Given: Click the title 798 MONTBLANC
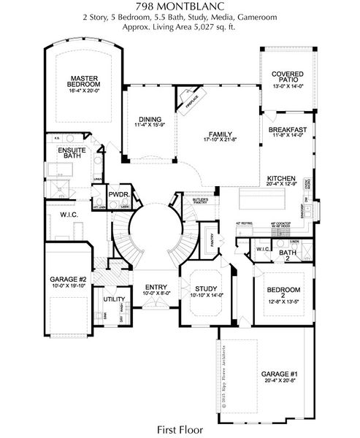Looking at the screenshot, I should pos(180,7).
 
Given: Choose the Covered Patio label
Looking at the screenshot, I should pos(288,77).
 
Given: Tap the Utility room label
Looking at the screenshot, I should pos(113,299).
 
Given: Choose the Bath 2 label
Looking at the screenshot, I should pos(288,253).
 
